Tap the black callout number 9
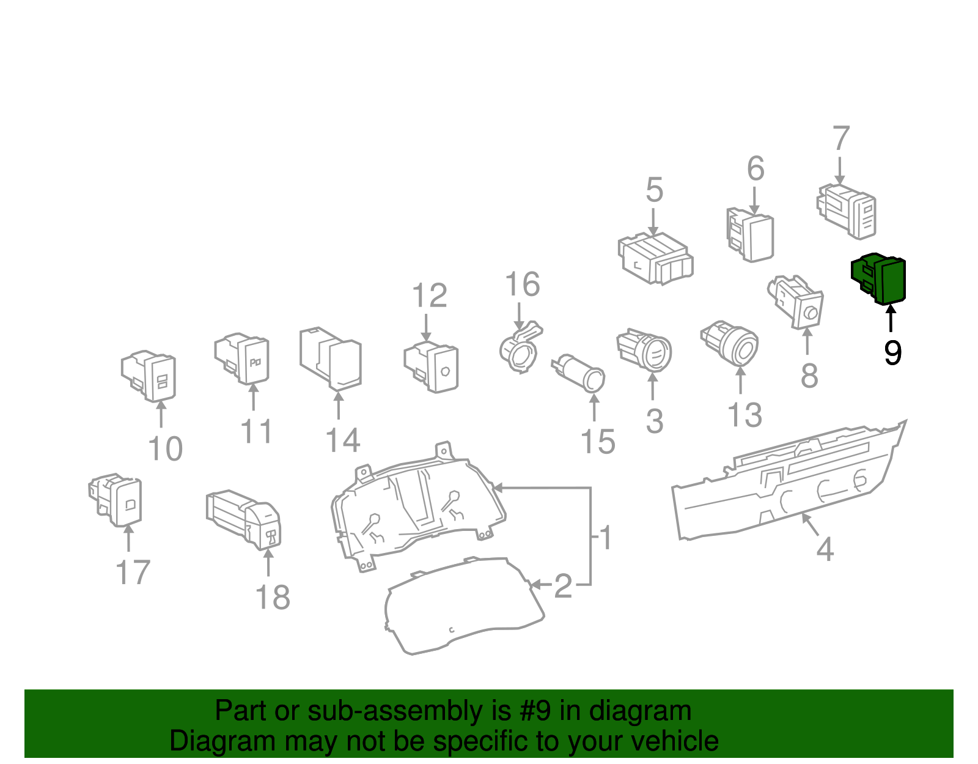(892, 353)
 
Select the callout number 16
(523, 284)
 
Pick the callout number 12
(430, 296)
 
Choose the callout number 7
(841, 139)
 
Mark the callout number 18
(272, 597)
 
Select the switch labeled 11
(243, 358)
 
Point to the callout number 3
(654, 421)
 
